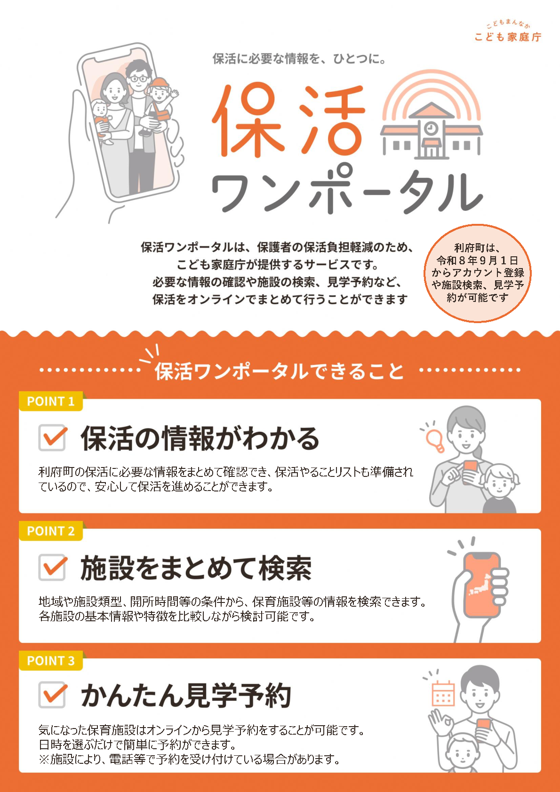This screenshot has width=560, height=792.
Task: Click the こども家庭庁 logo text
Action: tap(508, 37)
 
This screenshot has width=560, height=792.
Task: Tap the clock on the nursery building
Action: tap(431, 127)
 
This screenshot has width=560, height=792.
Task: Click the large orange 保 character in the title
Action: tap(248, 120)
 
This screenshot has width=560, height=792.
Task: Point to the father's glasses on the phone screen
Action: tap(138, 79)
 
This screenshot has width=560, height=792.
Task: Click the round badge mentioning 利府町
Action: tap(478, 273)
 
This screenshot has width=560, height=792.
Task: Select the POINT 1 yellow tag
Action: tap(50, 401)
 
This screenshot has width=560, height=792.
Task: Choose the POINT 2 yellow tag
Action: tap(50, 531)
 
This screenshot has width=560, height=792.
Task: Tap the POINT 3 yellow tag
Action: tap(50, 660)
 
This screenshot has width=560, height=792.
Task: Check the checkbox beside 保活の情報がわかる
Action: tap(52, 438)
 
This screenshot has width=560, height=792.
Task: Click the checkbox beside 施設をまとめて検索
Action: tap(52, 567)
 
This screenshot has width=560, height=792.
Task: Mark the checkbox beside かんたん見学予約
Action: tap(52, 695)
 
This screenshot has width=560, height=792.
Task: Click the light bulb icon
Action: tap(435, 440)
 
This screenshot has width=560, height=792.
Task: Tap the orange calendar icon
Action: tap(443, 693)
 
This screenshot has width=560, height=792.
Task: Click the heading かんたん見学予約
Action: tap(186, 695)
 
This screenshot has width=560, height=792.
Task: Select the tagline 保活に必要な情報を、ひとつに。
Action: tap(299, 59)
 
